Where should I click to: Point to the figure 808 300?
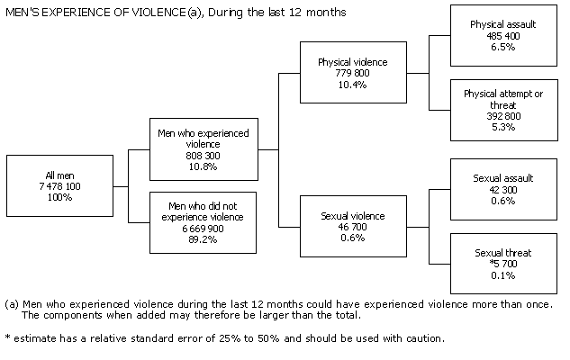pyautogui.click(x=205, y=154)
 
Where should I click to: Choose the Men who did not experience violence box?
pyautogui.click(x=205, y=221)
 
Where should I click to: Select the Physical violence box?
pyautogui.click(x=352, y=73)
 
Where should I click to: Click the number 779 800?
pyautogui.click(x=352, y=73)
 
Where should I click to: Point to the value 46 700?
pyautogui.click(x=352, y=228)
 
